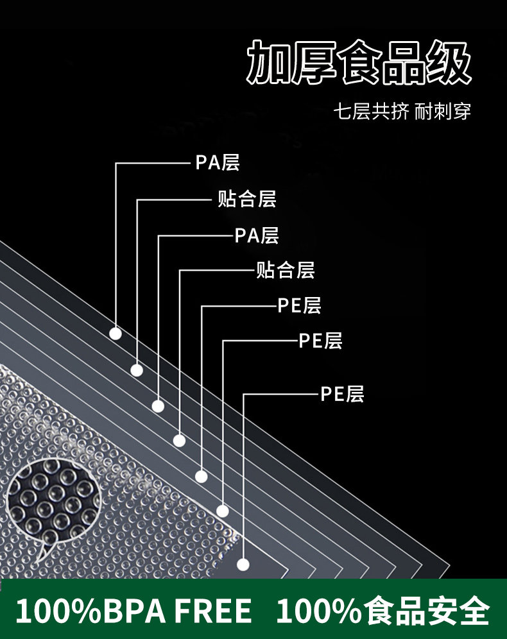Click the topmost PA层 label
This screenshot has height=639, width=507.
click(x=218, y=162)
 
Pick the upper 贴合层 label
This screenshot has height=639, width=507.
click(x=247, y=199)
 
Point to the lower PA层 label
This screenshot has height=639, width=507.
click(x=257, y=235)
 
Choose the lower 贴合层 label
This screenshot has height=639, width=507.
click(x=286, y=269)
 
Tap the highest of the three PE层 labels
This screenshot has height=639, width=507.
click(x=300, y=305)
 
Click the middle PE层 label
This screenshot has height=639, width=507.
click(x=321, y=341)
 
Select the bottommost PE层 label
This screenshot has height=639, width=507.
click(x=343, y=393)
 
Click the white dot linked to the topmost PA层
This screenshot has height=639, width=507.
click(x=116, y=334)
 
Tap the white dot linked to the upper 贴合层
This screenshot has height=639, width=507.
click(x=137, y=370)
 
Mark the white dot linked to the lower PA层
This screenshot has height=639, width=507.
click(x=158, y=405)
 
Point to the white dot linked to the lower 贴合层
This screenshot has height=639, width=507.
click(x=180, y=440)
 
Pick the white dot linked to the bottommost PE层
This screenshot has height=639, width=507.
click(x=243, y=565)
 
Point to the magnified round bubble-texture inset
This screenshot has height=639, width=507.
click(x=55, y=501)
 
